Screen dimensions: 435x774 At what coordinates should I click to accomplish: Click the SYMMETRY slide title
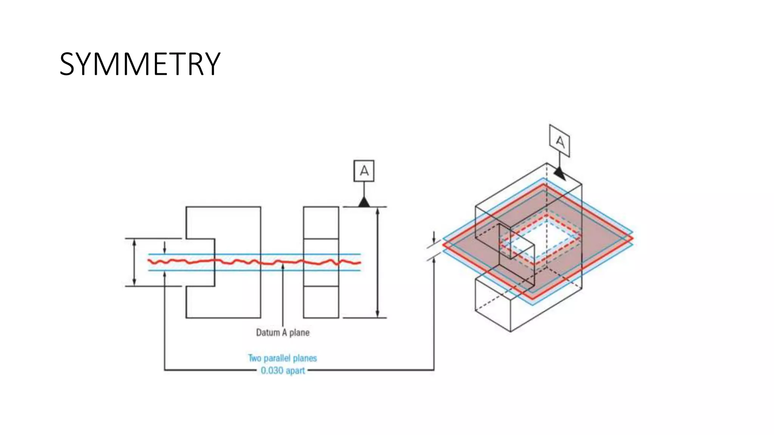click(140, 64)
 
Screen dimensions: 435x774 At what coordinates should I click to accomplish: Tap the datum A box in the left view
click(364, 171)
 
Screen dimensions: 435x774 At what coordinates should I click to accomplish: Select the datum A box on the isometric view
click(559, 141)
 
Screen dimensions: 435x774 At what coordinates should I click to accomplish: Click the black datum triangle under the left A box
click(364, 202)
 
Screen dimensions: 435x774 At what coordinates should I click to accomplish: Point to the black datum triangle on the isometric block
click(559, 174)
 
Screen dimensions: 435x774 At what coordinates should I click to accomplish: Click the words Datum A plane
click(283, 333)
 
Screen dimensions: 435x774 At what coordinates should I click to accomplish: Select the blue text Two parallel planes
click(282, 358)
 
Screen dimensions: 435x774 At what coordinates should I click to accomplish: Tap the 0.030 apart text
click(283, 370)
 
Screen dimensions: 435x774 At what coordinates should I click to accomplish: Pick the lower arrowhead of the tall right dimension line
click(378, 314)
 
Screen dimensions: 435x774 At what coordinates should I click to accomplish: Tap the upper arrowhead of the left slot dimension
click(134, 242)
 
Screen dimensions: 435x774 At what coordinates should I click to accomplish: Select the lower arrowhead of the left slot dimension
click(134, 282)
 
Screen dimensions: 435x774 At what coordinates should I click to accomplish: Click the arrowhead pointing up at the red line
click(283, 267)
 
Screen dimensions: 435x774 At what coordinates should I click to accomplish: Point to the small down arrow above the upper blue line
click(164, 251)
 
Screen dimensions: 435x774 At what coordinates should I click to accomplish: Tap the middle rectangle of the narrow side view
click(321, 262)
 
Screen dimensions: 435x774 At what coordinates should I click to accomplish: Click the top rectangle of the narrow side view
click(321, 223)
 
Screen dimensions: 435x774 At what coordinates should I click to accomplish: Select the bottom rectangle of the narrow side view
click(321, 302)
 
